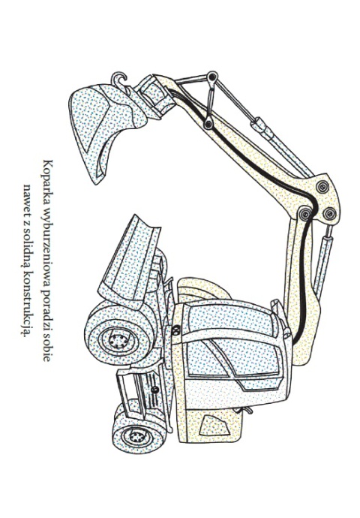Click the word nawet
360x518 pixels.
27,200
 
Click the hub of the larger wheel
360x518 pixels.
118,340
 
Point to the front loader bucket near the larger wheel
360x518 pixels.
130,261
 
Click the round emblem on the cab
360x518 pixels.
176,330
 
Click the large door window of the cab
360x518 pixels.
231,358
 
